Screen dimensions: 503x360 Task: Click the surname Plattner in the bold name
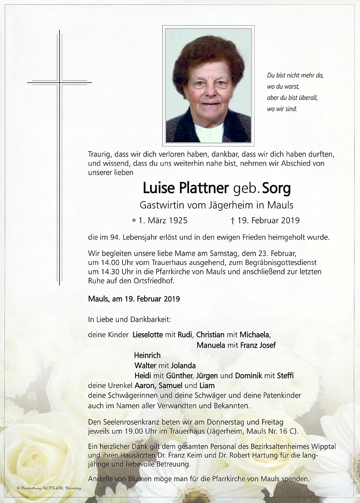pos(203,188)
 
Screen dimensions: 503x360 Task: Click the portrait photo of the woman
pos(208,84)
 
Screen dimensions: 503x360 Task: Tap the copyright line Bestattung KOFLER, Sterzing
pos(49,488)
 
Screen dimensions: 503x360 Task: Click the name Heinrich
pos(147,355)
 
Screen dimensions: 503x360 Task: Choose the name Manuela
pos(211,345)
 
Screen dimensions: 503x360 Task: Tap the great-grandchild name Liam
pos(207,386)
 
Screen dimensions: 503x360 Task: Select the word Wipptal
pos(323,447)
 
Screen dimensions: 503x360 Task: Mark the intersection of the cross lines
pos(59,82)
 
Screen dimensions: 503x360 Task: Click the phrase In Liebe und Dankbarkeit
pos(129,320)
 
